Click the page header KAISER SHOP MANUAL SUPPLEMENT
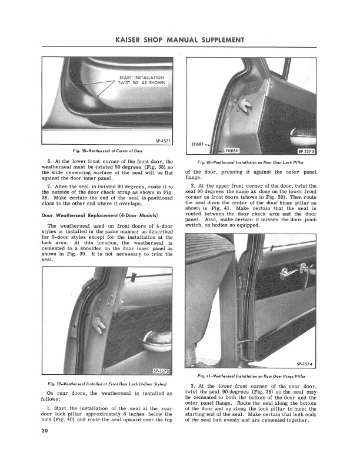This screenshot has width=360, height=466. (x=180, y=40)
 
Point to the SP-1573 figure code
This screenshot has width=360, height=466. (x=304, y=151)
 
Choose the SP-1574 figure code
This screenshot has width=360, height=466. (x=307, y=363)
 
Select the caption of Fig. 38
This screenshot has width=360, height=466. (x=108, y=151)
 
